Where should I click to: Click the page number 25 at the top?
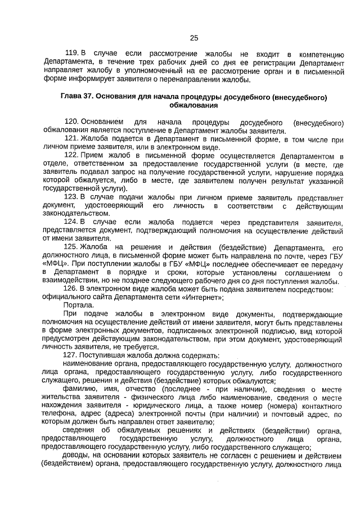(194, 38)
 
